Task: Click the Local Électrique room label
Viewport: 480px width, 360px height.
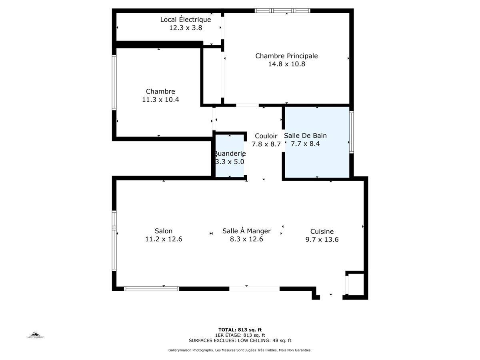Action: coord(185,20)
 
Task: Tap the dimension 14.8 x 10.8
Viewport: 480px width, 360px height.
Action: coord(286,64)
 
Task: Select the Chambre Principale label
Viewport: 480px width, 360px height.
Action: coord(286,56)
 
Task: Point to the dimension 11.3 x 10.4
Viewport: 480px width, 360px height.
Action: coord(160,100)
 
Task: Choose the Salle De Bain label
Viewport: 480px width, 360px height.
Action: coord(305,136)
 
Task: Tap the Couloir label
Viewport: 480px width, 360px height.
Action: coord(266,136)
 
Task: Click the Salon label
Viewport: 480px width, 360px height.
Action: coord(164,231)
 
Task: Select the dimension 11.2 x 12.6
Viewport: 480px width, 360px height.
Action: coord(164,239)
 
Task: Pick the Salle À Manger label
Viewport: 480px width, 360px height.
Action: coord(246,231)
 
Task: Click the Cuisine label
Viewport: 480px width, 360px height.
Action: coord(322,231)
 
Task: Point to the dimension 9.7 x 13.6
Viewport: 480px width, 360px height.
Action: coord(322,240)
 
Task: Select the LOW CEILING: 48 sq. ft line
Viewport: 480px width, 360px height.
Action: coord(240,341)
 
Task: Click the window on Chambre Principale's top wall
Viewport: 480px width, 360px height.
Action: coord(283,11)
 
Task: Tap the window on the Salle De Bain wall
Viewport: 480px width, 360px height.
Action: coord(352,132)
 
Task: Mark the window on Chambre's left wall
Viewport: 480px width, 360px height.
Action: coord(114,82)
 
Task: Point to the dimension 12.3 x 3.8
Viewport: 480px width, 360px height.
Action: coord(185,28)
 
